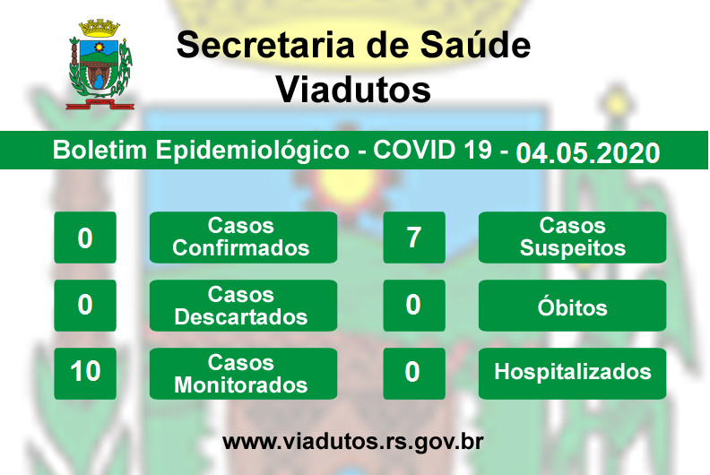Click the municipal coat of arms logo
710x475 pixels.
click(x=100, y=65)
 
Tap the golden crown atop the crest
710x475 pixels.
click(x=100, y=29)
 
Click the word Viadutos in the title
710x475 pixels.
click(x=353, y=90)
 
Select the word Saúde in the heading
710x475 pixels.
click(x=475, y=45)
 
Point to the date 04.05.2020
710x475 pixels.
click(x=588, y=153)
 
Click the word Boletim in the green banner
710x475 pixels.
click(x=100, y=150)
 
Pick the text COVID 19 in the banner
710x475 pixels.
click(x=432, y=150)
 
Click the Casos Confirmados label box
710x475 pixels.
click(x=243, y=237)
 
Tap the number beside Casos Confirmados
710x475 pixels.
click(x=85, y=237)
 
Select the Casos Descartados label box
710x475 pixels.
click(x=243, y=306)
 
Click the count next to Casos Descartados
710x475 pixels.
click(x=85, y=306)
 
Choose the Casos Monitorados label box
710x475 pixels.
click(x=243, y=374)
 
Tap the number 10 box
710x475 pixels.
click(x=85, y=374)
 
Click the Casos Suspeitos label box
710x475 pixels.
click(x=572, y=237)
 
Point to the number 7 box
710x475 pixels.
click(x=414, y=237)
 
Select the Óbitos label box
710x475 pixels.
click(x=572, y=306)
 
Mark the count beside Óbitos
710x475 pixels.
click(x=414, y=306)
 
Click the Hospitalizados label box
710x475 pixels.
click(x=572, y=374)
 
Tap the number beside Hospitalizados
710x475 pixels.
click(x=414, y=374)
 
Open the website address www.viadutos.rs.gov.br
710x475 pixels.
click(x=353, y=442)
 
